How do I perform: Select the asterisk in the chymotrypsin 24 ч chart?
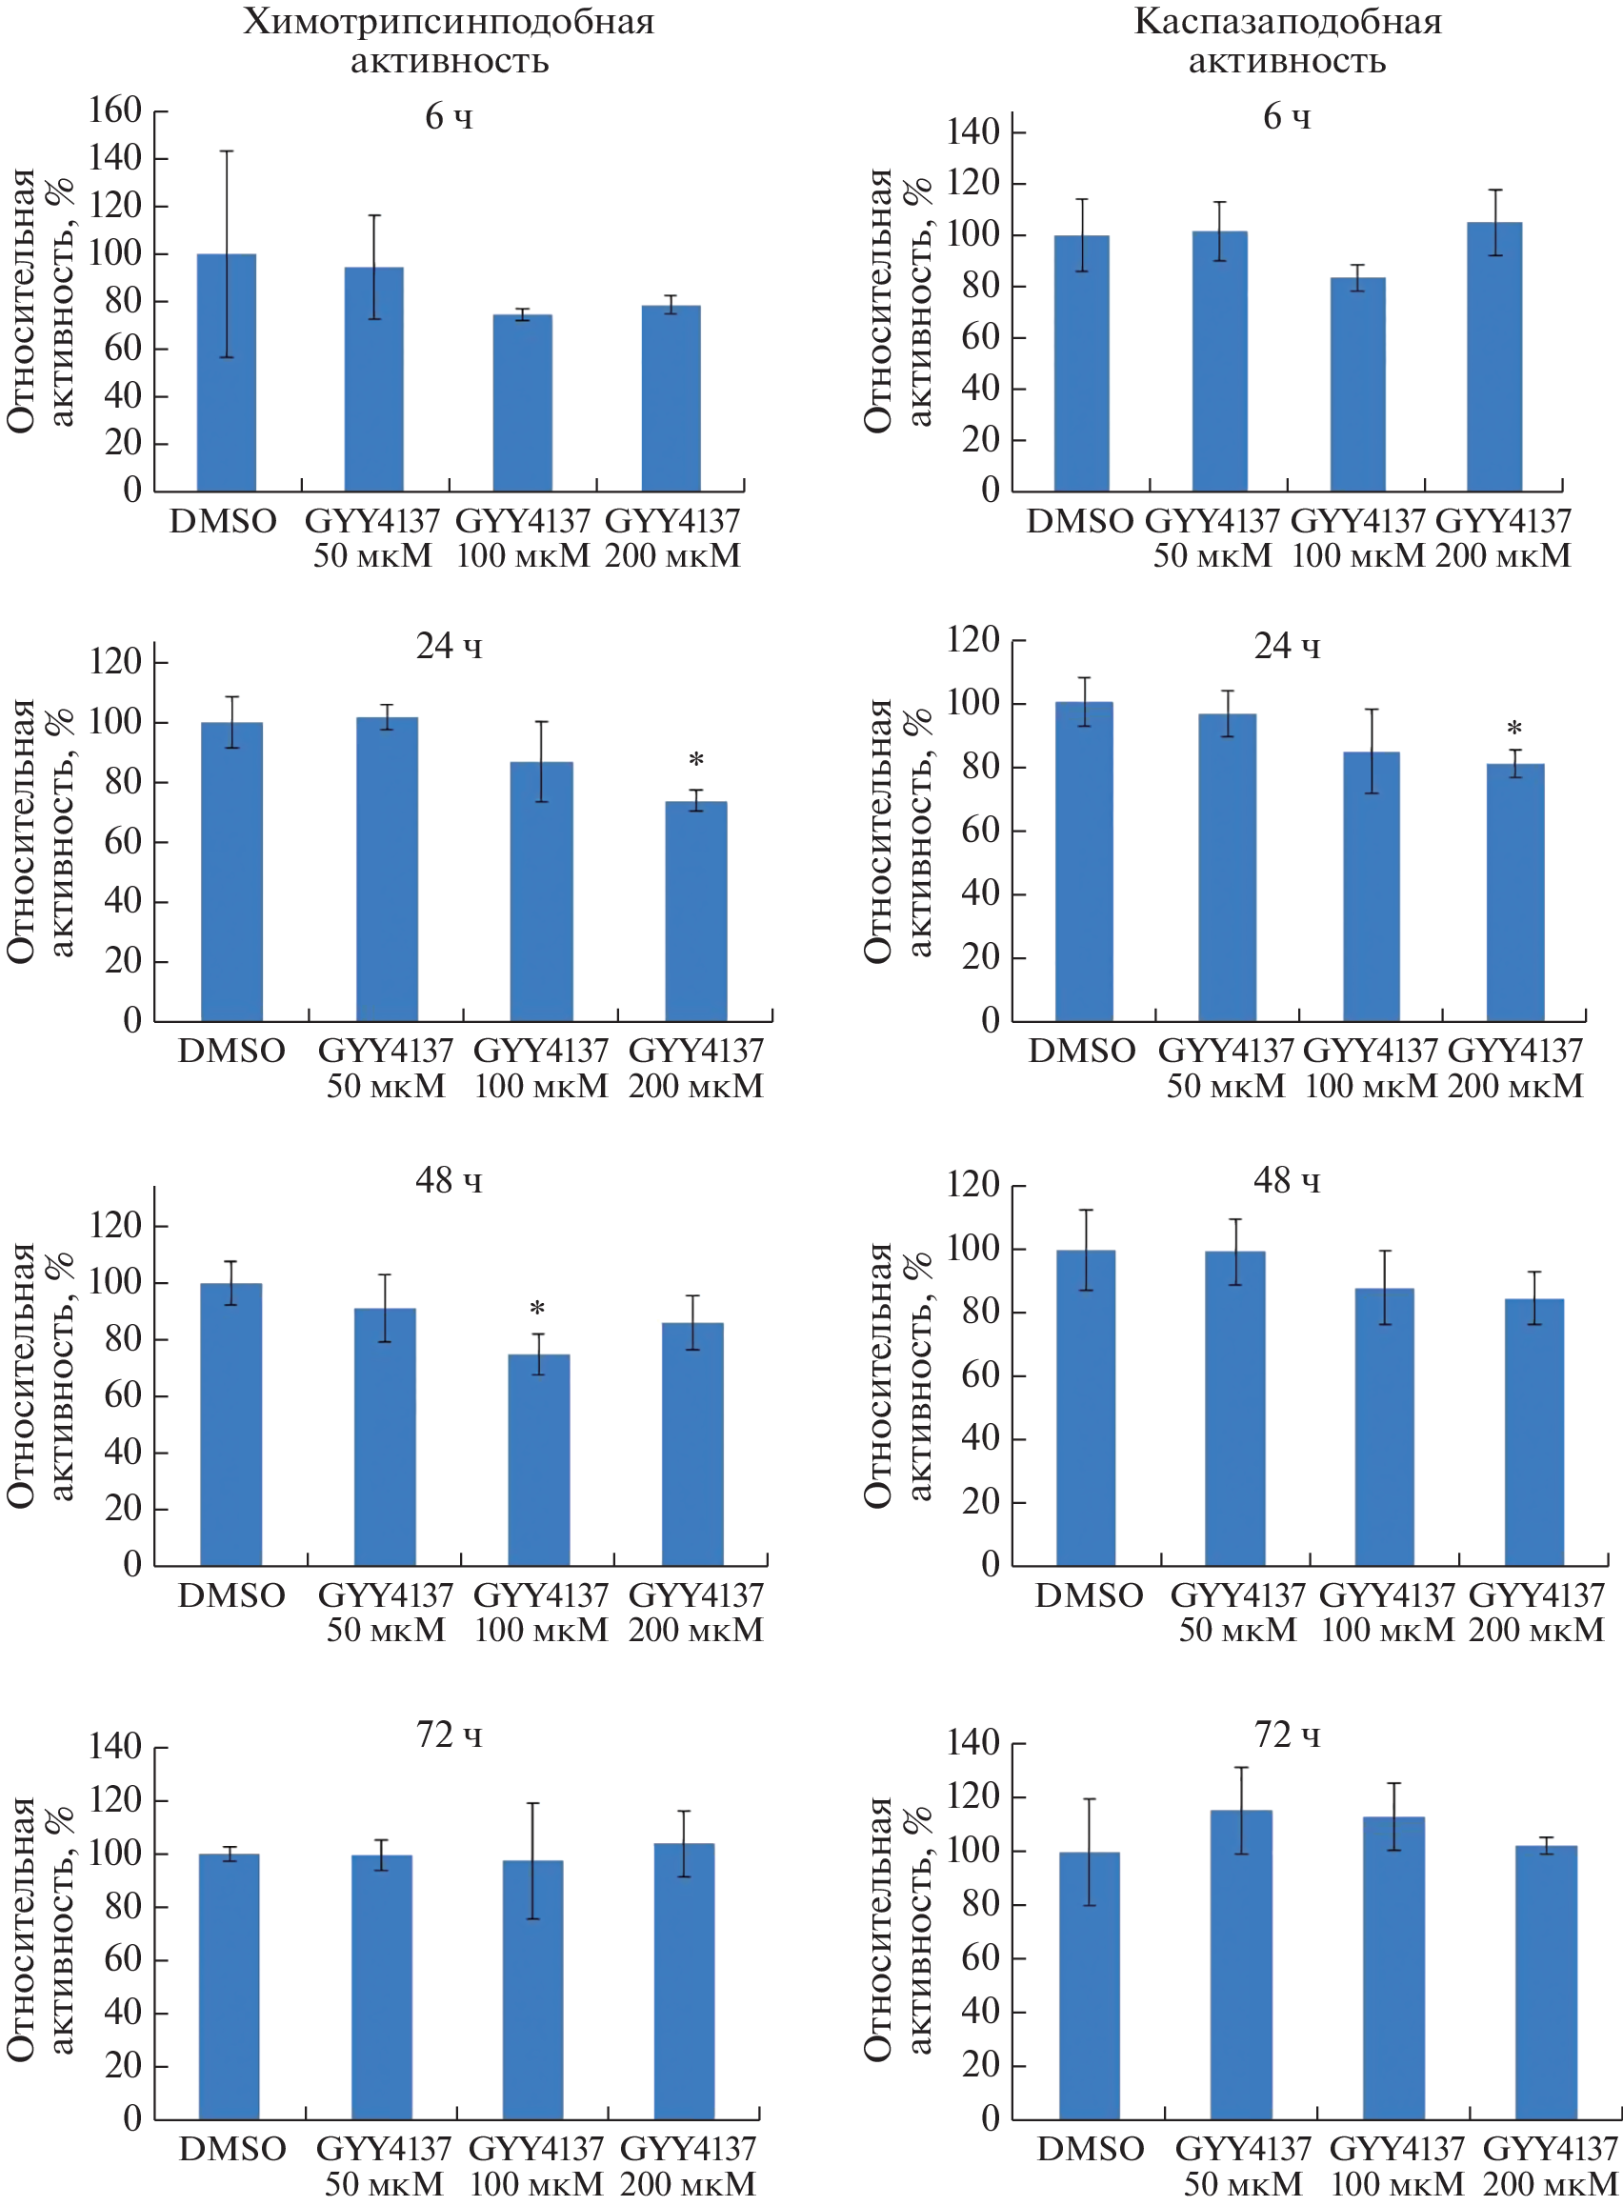[696, 760]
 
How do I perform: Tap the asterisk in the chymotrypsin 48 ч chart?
[537, 1310]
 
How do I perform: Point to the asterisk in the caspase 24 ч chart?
[1515, 730]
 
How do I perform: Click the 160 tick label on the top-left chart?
[115, 110]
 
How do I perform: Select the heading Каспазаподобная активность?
[1287, 40]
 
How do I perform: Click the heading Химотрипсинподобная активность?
[449, 40]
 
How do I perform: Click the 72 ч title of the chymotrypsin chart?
[449, 1735]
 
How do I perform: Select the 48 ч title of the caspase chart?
[1287, 1179]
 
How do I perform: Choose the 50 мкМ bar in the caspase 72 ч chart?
[1241, 1964]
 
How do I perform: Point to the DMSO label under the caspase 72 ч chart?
[1091, 2149]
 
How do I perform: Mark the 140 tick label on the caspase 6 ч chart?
[972, 131]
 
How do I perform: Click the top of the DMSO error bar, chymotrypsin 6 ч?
[227, 151]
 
